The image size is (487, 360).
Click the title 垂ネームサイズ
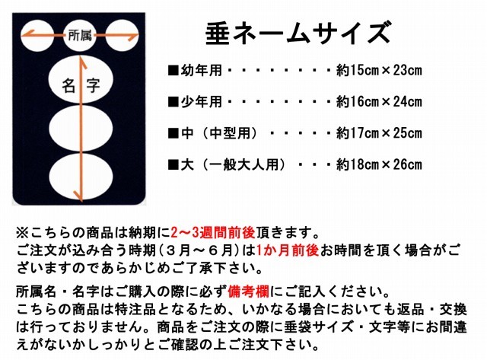point(298,32)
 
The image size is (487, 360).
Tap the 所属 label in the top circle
point(80,35)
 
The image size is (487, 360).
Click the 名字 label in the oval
point(81,85)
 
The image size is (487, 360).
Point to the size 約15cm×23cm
point(379,71)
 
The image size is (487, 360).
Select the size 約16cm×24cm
point(379,101)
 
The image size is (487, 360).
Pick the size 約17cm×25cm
point(379,133)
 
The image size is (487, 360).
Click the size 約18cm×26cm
point(379,164)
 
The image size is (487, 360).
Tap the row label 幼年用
point(201,71)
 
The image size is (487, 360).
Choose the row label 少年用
point(201,101)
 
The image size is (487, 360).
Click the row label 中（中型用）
point(220,133)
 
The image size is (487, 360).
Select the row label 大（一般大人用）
point(234,164)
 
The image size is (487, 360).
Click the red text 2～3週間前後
point(213,232)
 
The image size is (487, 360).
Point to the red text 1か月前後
point(288,250)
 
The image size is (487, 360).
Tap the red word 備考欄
point(249,292)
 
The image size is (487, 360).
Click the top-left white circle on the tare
point(37,36)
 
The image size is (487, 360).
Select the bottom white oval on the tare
point(81,176)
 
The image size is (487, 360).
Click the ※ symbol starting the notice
point(23,233)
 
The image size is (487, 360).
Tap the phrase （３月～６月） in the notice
point(199,250)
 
